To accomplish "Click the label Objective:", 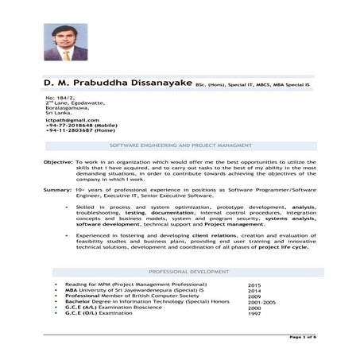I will (x=58, y=161).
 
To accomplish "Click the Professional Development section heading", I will (x=180, y=272).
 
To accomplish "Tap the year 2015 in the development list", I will (x=254, y=285).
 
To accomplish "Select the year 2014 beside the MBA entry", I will (x=254, y=290).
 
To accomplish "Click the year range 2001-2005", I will (x=260, y=302).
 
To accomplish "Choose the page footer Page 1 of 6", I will (x=304, y=337).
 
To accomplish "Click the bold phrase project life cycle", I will (x=284, y=246).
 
